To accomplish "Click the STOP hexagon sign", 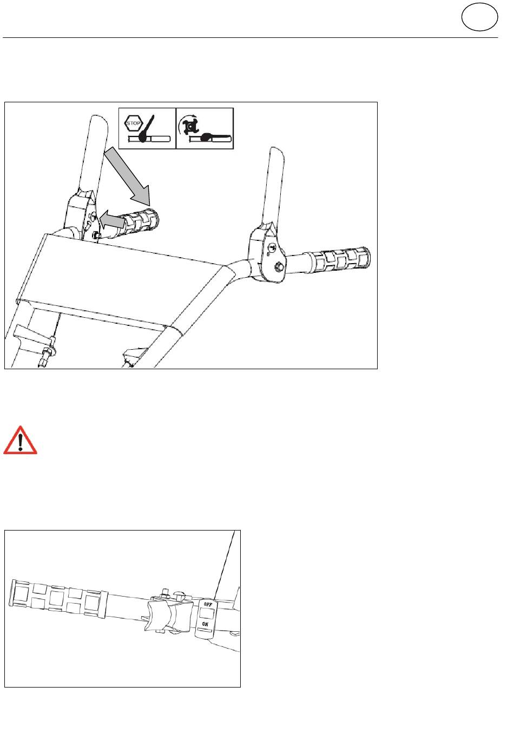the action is click(133, 123).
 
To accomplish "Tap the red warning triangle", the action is click(20, 441).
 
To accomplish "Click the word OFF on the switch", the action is click(208, 604).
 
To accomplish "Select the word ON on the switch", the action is click(205, 624).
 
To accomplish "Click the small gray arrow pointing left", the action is click(112, 219).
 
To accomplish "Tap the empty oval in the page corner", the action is click(479, 17).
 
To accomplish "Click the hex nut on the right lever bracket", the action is click(278, 266).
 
